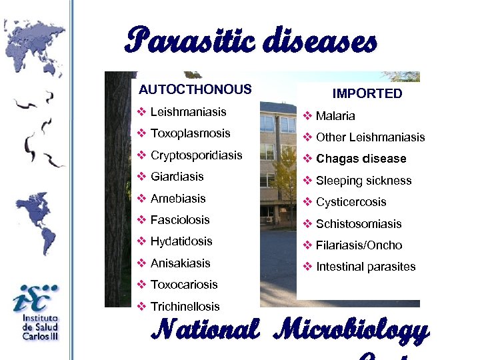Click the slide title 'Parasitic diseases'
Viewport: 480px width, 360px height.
251,41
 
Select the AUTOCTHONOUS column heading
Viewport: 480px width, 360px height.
195,89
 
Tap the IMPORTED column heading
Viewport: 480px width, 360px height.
367,94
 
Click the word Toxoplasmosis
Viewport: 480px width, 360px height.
190,133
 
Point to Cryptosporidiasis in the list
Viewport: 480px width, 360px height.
196,155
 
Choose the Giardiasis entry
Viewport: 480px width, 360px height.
177,177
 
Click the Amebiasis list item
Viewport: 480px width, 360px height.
178,199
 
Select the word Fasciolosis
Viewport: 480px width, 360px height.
180,220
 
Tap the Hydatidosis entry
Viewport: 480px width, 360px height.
181,241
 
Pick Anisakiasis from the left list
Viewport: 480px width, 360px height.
180,263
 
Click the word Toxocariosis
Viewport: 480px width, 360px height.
184,285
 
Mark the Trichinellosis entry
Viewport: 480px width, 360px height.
185,307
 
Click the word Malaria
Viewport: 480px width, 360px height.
335,116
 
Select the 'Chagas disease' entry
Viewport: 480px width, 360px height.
361,159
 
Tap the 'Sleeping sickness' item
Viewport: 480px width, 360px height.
363,181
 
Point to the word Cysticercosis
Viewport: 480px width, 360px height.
351,202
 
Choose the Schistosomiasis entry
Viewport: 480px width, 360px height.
359,224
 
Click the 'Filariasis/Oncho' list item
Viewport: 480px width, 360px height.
359,245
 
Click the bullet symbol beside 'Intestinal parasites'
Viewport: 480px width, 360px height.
307,267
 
